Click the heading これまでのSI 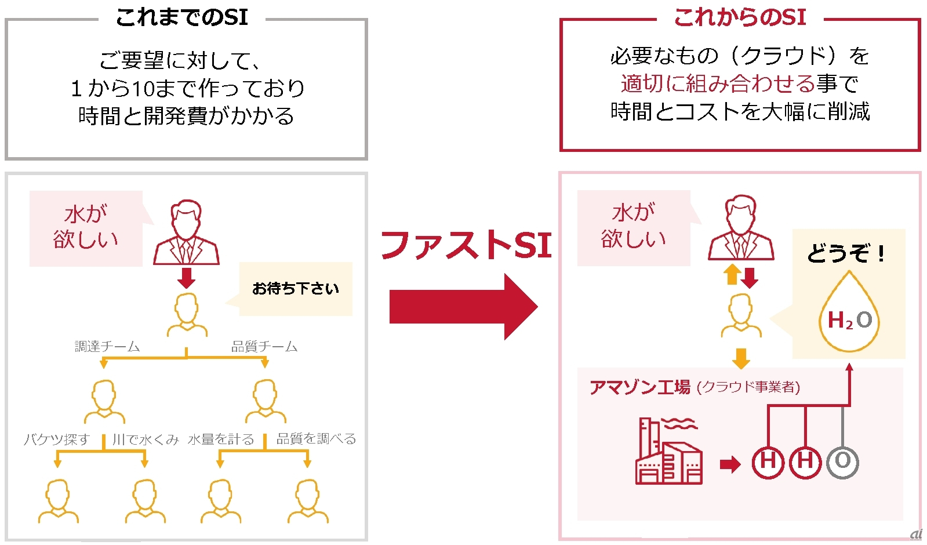coord(182,18)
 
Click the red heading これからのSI coord(740,18)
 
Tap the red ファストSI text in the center coord(466,245)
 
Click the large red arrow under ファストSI coord(464,307)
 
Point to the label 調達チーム coord(107,346)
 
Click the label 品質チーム coord(264,346)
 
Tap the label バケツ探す coord(57,439)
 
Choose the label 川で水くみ coord(146,439)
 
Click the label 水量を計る coord(221,439)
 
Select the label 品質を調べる coord(316,439)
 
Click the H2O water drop coord(849,311)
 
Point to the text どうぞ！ coord(846,253)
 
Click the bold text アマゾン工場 coord(640,387)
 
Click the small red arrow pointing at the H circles coord(730,464)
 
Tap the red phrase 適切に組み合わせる coord(718,83)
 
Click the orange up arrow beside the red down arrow coord(732,274)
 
